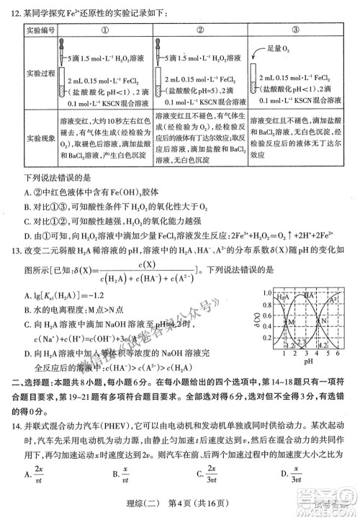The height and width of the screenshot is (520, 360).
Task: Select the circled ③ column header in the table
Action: click(296, 31)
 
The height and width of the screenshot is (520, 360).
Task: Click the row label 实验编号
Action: click(40, 31)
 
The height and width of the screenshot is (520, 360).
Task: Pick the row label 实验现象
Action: click(40, 135)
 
